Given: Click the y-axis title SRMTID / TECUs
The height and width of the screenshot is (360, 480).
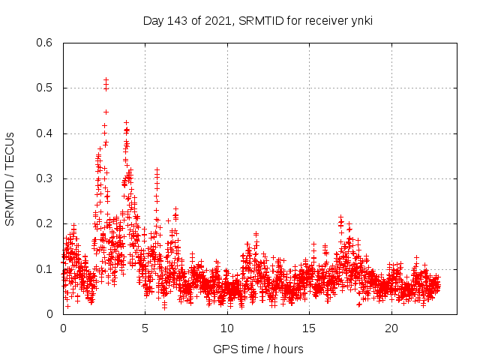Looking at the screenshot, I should coord(10,178).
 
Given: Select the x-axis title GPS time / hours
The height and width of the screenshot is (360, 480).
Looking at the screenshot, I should coord(258,349).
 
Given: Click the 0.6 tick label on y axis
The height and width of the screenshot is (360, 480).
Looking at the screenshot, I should coord(45,43).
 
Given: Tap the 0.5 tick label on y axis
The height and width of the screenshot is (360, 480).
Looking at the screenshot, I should coord(45,88).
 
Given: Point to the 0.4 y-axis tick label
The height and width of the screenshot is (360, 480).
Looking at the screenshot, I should coord(45,133).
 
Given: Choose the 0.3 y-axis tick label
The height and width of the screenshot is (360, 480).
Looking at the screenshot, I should coord(45,178).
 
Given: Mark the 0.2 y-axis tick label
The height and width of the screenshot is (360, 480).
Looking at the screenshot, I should coord(45,223).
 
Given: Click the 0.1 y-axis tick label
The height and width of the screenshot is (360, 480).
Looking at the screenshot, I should coord(45,269).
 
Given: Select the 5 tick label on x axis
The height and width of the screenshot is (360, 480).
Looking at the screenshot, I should coord(145,328).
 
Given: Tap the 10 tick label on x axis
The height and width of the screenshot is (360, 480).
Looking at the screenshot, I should coord(227,328).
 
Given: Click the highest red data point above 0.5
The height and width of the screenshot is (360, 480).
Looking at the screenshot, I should coord(106,79).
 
